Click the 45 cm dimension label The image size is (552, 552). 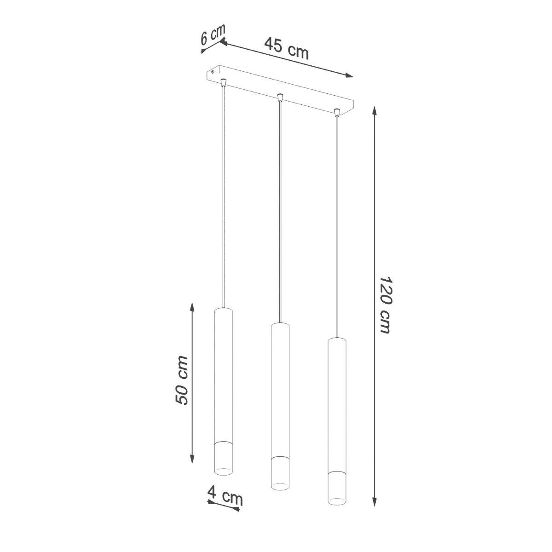coord(286,48)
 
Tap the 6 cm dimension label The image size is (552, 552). coord(213,34)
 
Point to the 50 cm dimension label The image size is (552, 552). coord(182,380)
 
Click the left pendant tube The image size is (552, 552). coord(224,377)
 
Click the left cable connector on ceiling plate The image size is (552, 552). coord(224,82)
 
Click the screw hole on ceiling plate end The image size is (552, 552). coord(212,72)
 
